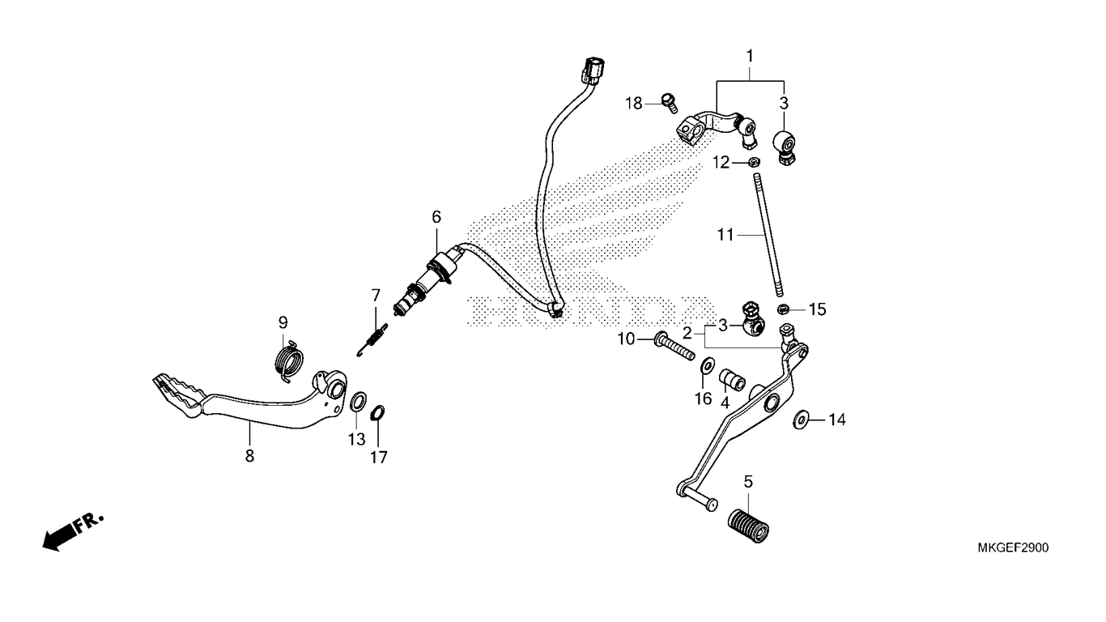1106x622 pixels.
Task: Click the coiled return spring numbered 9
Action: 289,360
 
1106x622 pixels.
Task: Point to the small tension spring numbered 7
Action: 372,339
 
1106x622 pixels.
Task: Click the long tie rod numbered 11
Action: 768,235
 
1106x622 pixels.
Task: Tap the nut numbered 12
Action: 754,161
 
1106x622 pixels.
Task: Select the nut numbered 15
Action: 781,309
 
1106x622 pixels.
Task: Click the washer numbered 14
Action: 801,420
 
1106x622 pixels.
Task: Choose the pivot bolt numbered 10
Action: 674,347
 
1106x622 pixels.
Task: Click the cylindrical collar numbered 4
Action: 731,380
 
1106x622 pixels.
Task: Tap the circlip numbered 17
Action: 377,413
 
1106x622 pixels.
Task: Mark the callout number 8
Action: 249,455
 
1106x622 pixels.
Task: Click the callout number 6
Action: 436,216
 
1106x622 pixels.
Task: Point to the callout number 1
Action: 750,57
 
